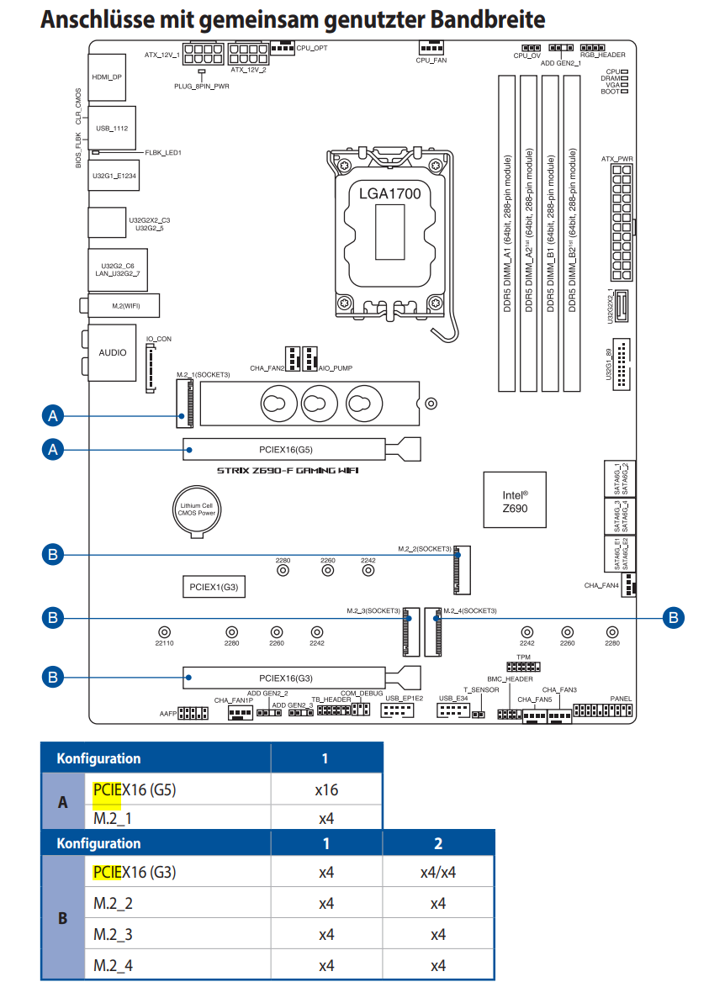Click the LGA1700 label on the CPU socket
coord(389,194)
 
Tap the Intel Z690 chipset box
coord(515,499)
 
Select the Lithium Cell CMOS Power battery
coord(197,509)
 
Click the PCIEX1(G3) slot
coord(214,587)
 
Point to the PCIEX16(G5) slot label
coord(285,450)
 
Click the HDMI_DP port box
coord(106,77)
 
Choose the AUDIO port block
coord(112,352)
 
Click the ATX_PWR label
coord(616,159)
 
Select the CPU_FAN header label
coord(431,61)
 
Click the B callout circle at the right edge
coord(673,618)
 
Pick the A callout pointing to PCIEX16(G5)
coord(53,450)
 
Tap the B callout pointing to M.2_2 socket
coord(53,555)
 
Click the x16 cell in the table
coord(326,790)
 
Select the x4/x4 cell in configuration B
coord(437,873)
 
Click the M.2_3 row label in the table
coord(113,935)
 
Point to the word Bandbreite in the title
coord(488,20)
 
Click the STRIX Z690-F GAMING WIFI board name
coord(288,471)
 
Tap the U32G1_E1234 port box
coord(114,176)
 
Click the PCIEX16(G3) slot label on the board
coord(285,678)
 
